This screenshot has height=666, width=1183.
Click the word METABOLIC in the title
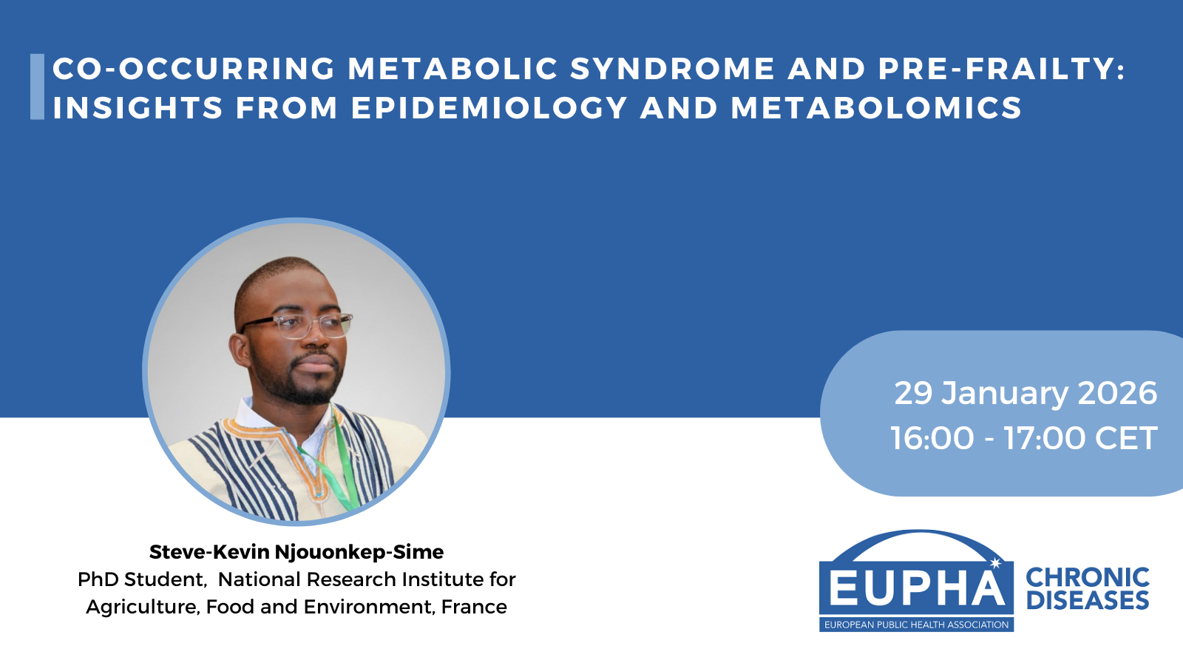(x=453, y=69)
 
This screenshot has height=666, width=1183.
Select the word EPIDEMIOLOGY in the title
(x=489, y=107)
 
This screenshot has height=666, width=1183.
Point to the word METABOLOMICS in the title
(x=877, y=107)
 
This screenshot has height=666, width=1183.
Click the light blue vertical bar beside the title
(x=38, y=87)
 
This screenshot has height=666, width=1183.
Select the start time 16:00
(x=932, y=438)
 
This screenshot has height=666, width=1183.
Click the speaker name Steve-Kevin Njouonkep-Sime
(x=296, y=552)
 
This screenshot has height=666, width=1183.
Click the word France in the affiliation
(x=474, y=607)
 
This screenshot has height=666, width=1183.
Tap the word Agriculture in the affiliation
(x=143, y=608)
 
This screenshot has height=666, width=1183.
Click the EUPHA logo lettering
(x=917, y=588)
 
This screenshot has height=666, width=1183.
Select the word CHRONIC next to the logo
(x=1088, y=577)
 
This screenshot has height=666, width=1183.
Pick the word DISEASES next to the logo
(x=1088, y=600)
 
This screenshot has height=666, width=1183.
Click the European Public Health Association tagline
(x=916, y=625)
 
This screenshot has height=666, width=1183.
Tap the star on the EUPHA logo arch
(x=996, y=563)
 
